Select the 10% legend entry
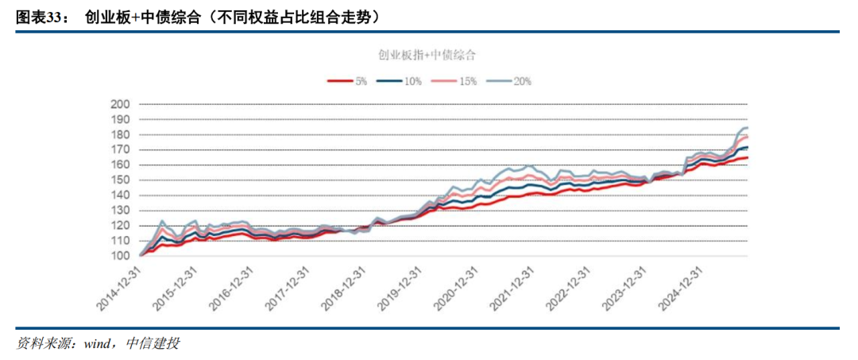(400, 81)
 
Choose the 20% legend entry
(510, 81)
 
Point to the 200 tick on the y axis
(120, 104)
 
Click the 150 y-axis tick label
(120, 180)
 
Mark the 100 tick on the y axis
(120, 256)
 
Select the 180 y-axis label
(120, 134)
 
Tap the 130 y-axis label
(120, 211)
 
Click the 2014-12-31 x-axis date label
(119, 289)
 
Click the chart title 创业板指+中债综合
(427, 55)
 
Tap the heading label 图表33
(41, 15)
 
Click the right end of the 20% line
(748, 128)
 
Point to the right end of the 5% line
(748, 157)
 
